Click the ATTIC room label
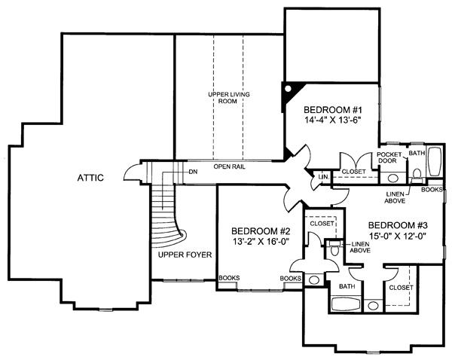[90, 178]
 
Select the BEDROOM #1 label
[333, 110]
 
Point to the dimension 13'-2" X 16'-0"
[261, 242]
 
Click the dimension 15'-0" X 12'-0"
[398, 236]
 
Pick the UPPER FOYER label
[185, 255]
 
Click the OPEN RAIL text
[230, 166]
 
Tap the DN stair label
[193, 172]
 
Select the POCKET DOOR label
[389, 157]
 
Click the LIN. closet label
[324, 177]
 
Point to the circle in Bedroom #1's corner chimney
[288, 89]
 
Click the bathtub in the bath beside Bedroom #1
[435, 161]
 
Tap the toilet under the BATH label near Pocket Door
[417, 175]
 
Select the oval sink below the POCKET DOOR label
[392, 178]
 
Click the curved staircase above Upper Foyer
[168, 215]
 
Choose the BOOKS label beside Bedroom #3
[432, 190]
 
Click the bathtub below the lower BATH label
[346, 304]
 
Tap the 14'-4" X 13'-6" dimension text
[333, 120]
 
